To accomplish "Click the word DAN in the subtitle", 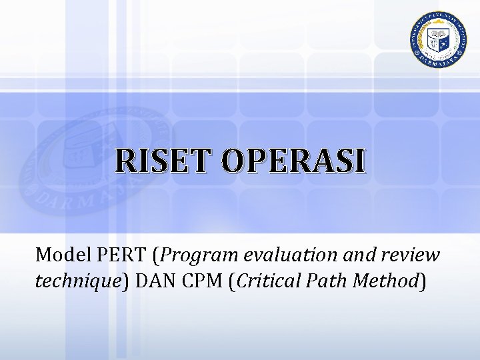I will (154, 282).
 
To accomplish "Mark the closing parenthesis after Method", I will (421, 283).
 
